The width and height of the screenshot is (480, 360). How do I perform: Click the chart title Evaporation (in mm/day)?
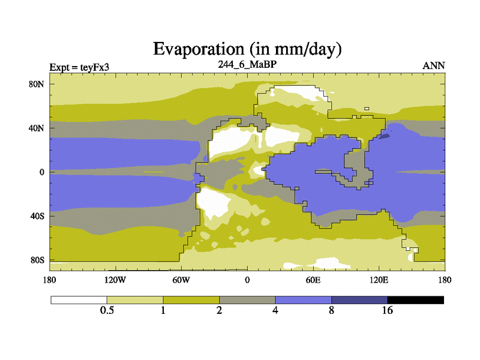tap(247, 49)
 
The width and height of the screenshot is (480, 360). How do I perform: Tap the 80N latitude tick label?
tap(37, 84)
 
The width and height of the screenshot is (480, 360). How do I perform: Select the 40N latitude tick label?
tap(37, 128)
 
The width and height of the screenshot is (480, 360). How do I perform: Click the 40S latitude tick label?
tap(37, 216)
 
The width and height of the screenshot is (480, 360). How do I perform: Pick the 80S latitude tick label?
tap(37, 260)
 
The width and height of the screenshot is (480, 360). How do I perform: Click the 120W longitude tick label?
tap(115, 280)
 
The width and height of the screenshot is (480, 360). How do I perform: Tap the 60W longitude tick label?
tap(181, 280)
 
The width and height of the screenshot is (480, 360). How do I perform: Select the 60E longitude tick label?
tap(313, 280)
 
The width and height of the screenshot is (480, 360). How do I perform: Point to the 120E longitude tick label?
tap(379, 280)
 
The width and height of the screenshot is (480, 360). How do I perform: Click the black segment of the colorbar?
tap(415, 299)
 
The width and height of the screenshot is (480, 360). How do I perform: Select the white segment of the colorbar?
tap(79, 299)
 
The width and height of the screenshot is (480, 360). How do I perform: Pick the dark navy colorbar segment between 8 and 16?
tap(359, 299)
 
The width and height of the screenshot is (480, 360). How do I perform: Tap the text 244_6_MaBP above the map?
tap(247, 64)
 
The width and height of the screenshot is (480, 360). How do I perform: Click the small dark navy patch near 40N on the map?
tap(385, 136)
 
